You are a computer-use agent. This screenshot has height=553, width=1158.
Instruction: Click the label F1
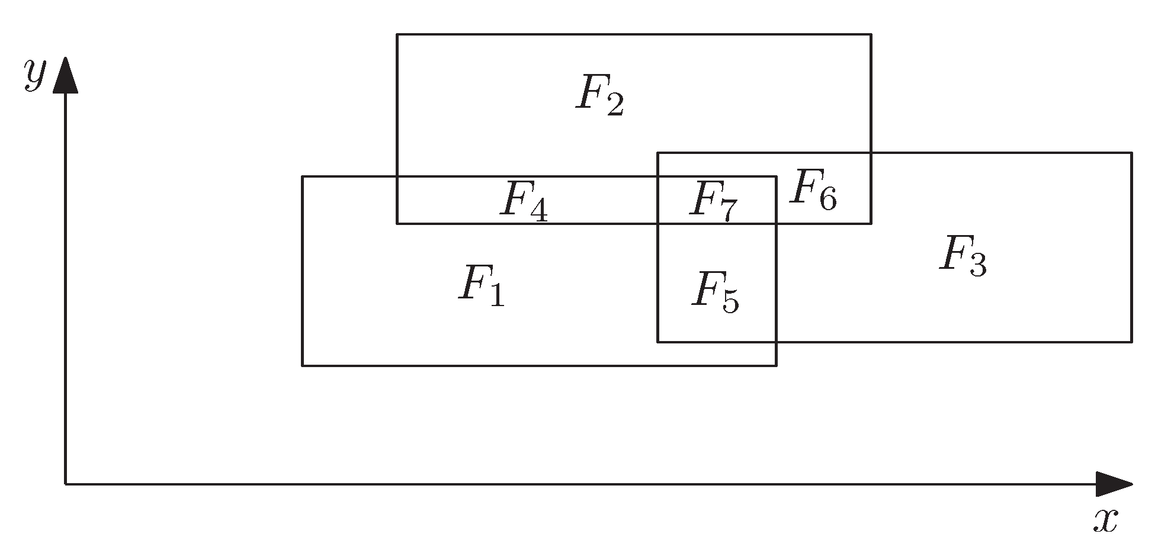point(481,287)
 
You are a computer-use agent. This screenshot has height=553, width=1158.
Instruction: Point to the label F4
point(524,201)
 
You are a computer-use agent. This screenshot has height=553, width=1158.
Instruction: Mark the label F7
point(714,201)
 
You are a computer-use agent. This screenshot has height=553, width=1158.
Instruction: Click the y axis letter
point(34,74)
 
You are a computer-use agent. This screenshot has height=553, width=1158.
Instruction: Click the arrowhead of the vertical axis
point(65,74)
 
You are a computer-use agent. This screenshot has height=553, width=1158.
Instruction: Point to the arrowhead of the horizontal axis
point(1114,484)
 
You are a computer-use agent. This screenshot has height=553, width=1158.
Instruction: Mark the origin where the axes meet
point(65,484)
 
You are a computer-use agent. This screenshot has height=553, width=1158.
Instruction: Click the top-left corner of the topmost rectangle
point(397,34)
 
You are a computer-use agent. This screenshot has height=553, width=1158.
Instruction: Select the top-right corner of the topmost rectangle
point(871,34)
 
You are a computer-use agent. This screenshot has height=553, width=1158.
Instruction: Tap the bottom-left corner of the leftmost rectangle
point(303,365)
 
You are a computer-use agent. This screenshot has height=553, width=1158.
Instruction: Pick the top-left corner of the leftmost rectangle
point(303,176)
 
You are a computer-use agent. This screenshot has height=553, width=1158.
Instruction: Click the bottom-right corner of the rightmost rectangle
point(1131,342)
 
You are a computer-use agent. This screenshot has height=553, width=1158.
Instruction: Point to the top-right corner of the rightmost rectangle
point(1131,153)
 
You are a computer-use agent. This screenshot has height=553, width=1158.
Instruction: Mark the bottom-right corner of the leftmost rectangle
point(776,365)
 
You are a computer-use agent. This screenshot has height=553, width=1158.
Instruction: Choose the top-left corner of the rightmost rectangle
point(657,153)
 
